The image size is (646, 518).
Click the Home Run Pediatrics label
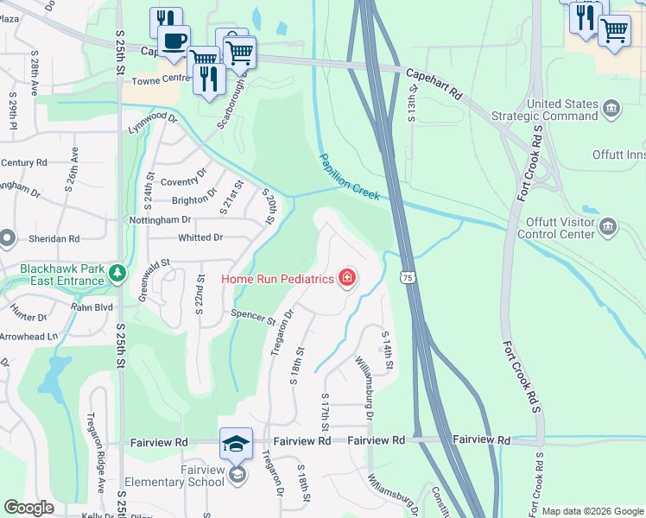click(278, 278)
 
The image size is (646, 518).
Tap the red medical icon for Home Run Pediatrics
click(346, 277)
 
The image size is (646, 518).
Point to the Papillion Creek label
click(349, 177)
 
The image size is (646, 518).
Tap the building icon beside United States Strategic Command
click(611, 109)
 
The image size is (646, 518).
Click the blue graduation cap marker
click(236, 444)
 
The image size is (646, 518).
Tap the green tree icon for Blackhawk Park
click(117, 274)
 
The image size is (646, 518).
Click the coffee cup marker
click(174, 41)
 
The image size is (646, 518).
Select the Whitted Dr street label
click(200, 237)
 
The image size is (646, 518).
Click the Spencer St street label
click(252, 317)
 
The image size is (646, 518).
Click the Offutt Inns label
click(618, 155)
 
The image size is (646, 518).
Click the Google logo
click(29, 508)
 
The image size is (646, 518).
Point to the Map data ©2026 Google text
click(592, 511)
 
